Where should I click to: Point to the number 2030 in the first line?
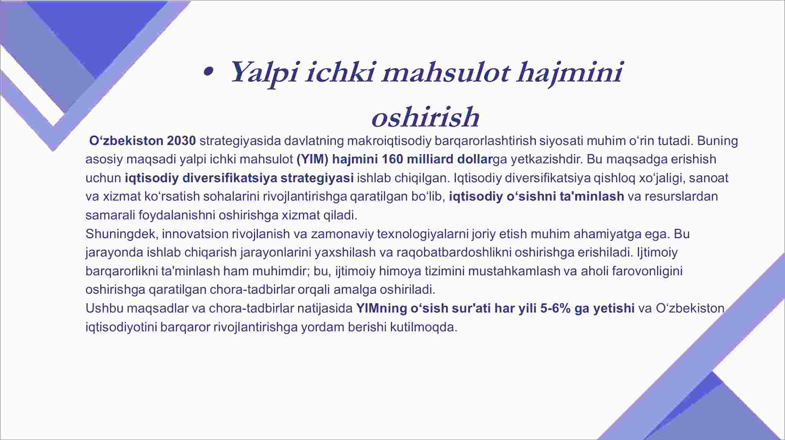click(x=182, y=141)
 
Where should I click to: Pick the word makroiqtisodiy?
click(x=389, y=141)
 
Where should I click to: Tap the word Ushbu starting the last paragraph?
click(x=104, y=308)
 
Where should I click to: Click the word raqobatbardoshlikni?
click(x=454, y=252)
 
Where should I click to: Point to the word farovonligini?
click(x=647, y=271)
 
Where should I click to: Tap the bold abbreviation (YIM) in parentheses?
click(x=312, y=159)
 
